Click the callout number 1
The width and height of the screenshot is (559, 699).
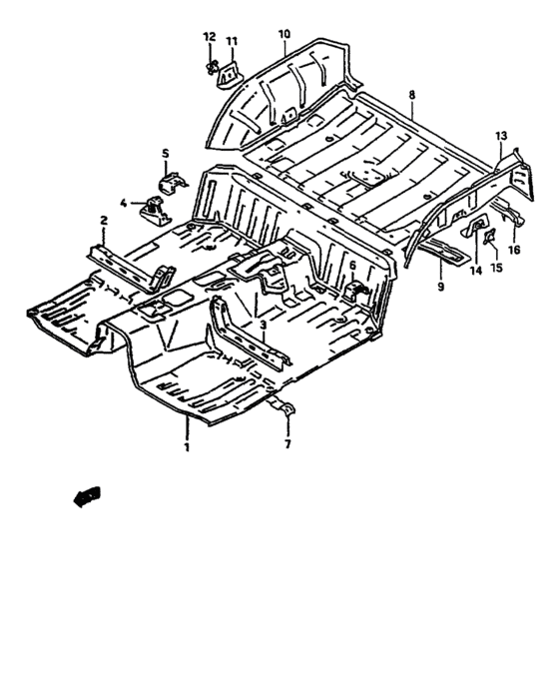click(x=188, y=446)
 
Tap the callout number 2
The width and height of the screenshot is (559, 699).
click(x=104, y=221)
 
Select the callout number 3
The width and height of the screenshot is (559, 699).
click(x=264, y=325)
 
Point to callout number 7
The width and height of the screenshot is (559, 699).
click(x=287, y=444)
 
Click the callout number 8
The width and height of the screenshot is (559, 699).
click(x=411, y=95)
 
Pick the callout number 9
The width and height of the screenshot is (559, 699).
click(x=441, y=287)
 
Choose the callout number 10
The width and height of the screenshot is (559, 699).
click(x=283, y=34)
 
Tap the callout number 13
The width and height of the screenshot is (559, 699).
click(x=501, y=136)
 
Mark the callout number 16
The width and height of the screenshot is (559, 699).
click(x=514, y=250)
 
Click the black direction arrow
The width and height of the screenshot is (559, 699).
click(x=87, y=496)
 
